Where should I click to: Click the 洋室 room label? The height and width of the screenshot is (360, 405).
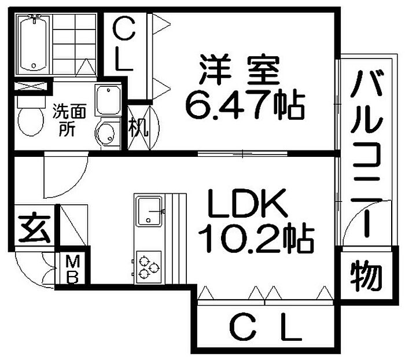tap(240, 70)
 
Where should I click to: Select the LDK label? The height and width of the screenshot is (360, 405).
tap(248, 203)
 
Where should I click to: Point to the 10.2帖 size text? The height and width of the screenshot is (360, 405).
tap(256, 238)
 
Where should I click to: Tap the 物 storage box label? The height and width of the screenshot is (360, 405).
tap(366, 275)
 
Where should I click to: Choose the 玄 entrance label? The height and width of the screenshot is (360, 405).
tap(35, 227)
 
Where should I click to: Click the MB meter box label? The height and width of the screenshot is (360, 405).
tap(72, 269)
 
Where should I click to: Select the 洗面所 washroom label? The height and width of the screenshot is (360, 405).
tap(69, 120)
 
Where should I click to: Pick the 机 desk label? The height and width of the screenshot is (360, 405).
tap(139, 127)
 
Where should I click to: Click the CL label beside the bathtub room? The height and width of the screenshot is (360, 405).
tap(124, 43)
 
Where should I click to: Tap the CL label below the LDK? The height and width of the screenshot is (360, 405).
tap(266, 326)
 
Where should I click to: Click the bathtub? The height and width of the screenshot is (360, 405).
tap(34, 43)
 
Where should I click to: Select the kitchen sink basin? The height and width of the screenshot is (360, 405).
tap(149, 211)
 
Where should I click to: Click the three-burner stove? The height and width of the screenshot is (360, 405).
tap(149, 267)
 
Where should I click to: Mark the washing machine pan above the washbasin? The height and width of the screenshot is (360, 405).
tap(108, 100)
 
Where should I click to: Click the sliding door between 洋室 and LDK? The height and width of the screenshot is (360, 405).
tap(242, 154)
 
